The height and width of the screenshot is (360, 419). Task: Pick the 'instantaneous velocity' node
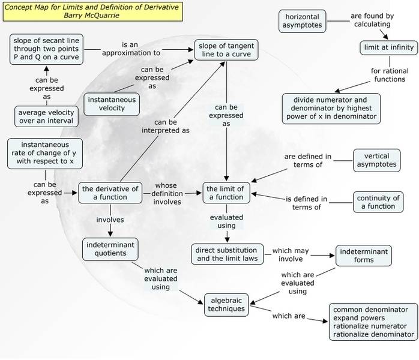point(112,104)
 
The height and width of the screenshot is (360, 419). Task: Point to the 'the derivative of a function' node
point(112,193)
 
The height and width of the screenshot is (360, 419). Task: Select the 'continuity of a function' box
point(378,202)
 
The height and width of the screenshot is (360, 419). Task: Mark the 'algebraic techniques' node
point(225,304)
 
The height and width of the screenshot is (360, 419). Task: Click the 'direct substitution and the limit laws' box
point(227,254)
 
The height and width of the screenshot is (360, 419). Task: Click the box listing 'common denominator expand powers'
point(373,322)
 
